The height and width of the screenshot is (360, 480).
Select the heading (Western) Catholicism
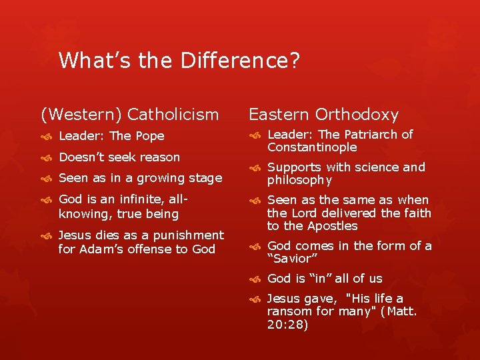point(130,115)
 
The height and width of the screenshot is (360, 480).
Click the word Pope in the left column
point(150,136)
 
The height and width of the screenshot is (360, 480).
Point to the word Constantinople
point(312,147)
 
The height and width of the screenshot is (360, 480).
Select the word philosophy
point(299,181)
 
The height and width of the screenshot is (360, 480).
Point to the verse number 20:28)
point(287,324)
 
